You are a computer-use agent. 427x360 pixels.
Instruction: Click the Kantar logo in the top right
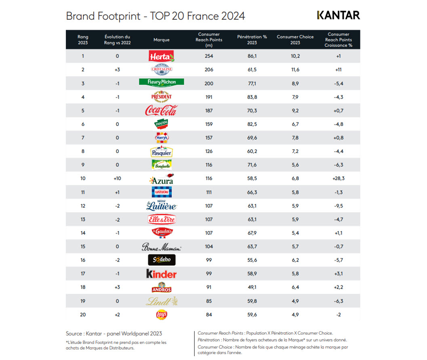click(339, 15)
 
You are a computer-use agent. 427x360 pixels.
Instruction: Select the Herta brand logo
click(162, 56)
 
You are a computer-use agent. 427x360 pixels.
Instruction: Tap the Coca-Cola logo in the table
click(161, 111)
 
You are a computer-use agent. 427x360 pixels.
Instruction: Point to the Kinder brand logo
click(162, 274)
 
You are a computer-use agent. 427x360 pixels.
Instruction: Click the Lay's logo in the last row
click(162, 314)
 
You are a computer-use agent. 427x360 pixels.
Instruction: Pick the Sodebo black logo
click(162, 260)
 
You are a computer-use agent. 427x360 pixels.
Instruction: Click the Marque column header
click(162, 40)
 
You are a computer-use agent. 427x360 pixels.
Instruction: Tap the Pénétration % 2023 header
click(252, 40)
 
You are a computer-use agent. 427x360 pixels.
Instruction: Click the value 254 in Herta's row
click(209, 56)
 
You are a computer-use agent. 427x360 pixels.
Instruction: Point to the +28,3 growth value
click(339, 178)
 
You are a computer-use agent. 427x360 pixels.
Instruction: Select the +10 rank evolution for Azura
click(118, 178)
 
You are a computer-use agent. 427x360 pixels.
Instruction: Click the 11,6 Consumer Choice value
click(295, 70)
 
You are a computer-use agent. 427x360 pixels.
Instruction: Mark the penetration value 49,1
click(252, 287)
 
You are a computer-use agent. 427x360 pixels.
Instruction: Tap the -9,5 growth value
click(339, 206)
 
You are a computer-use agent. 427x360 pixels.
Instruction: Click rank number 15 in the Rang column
click(83, 247)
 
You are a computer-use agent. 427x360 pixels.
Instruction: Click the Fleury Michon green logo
click(162, 82)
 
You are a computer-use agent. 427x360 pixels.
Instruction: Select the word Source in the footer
click(74, 334)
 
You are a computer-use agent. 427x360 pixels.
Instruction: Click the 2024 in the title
click(233, 16)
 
